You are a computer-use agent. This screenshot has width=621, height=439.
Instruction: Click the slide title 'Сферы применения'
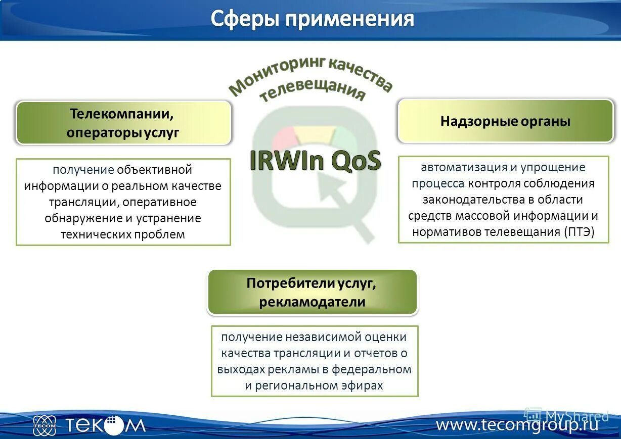tap(312, 19)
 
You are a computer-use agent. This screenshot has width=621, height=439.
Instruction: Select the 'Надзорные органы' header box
tap(505, 121)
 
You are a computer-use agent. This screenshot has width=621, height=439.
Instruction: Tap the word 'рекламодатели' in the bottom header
tap(312, 302)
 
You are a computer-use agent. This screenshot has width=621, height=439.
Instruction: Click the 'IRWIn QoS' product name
tap(315, 161)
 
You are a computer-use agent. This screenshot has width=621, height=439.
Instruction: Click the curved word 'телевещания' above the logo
tap(312, 91)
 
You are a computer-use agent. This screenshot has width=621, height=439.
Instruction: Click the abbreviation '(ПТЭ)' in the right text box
tap(579, 232)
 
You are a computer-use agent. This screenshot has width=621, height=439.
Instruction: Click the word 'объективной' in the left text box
tap(154, 170)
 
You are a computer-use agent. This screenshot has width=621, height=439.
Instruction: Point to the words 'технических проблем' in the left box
tap(123, 234)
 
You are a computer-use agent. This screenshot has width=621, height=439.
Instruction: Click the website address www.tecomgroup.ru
tap(517, 424)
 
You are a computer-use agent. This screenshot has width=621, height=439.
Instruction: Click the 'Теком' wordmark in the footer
tap(105, 425)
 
